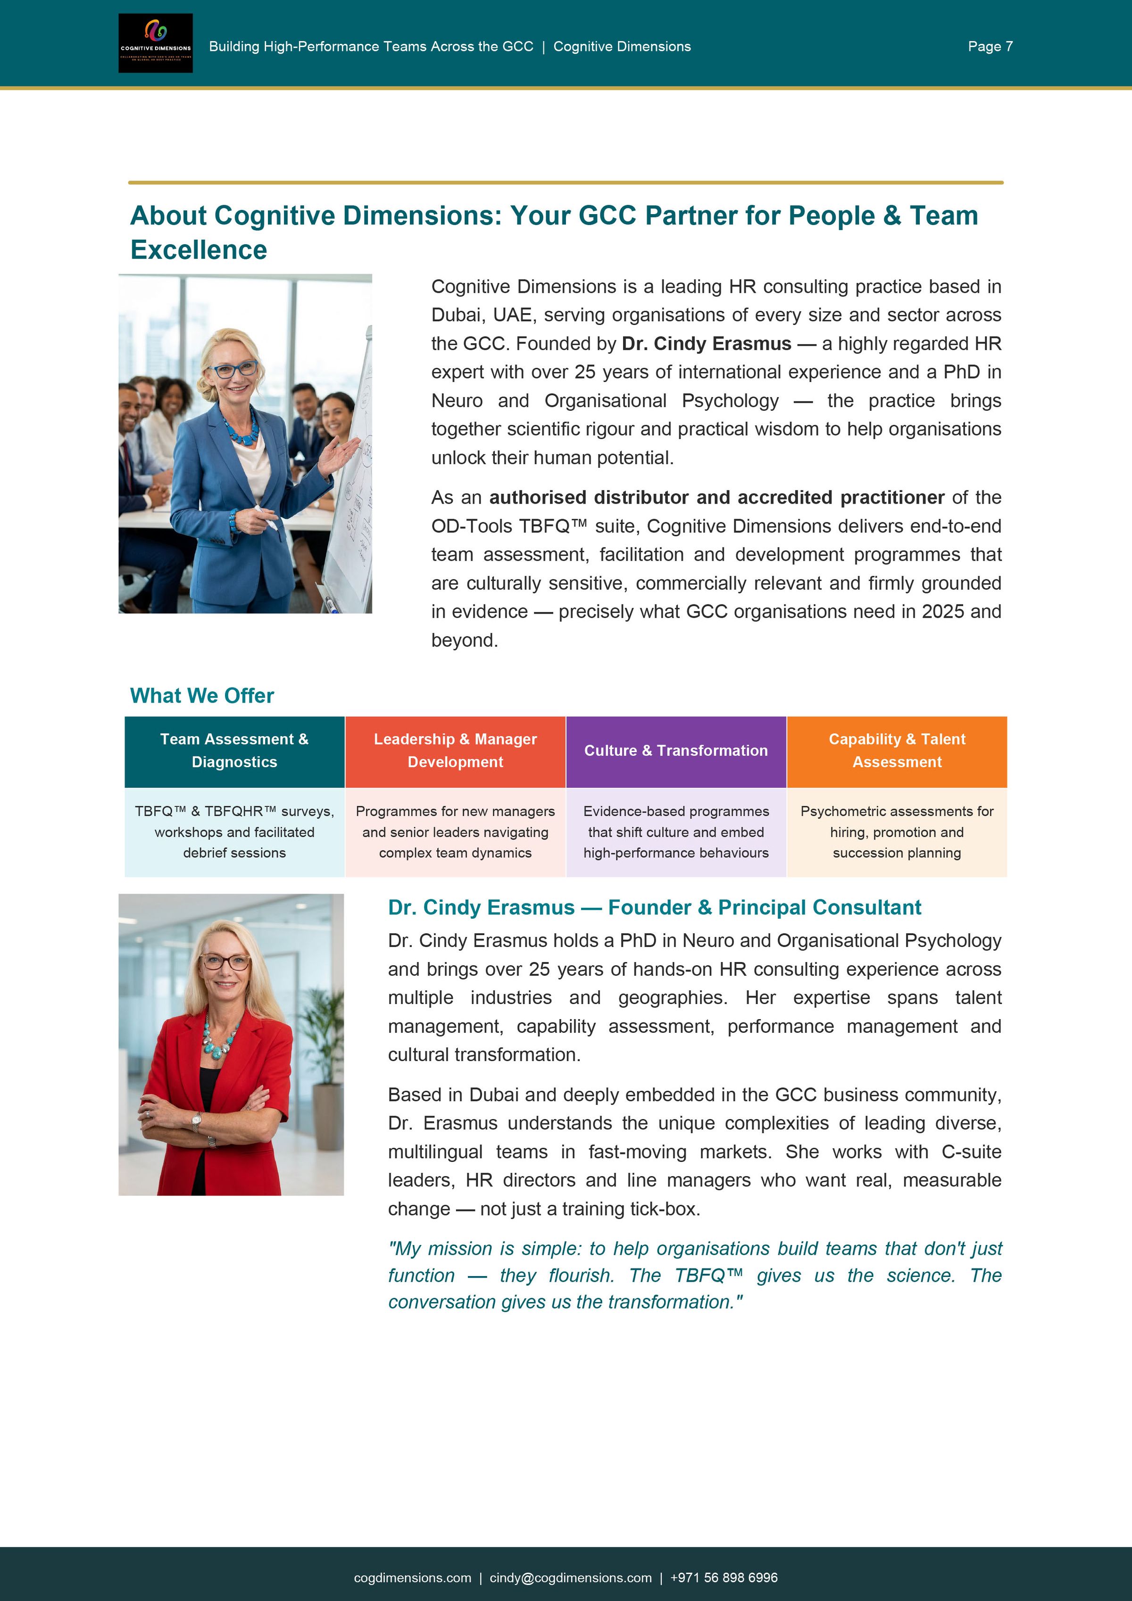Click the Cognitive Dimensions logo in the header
point(156,43)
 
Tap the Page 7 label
point(990,47)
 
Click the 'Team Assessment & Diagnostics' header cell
point(234,751)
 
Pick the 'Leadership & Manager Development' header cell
point(456,751)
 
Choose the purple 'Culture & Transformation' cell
point(676,751)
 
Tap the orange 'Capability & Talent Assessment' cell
point(897,751)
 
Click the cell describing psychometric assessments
point(897,832)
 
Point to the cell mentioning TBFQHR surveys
point(234,832)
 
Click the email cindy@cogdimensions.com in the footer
point(571,1577)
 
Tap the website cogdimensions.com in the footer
point(412,1577)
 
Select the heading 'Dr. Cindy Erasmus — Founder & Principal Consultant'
point(654,907)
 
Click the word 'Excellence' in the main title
point(199,249)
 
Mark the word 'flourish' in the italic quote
point(581,1275)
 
